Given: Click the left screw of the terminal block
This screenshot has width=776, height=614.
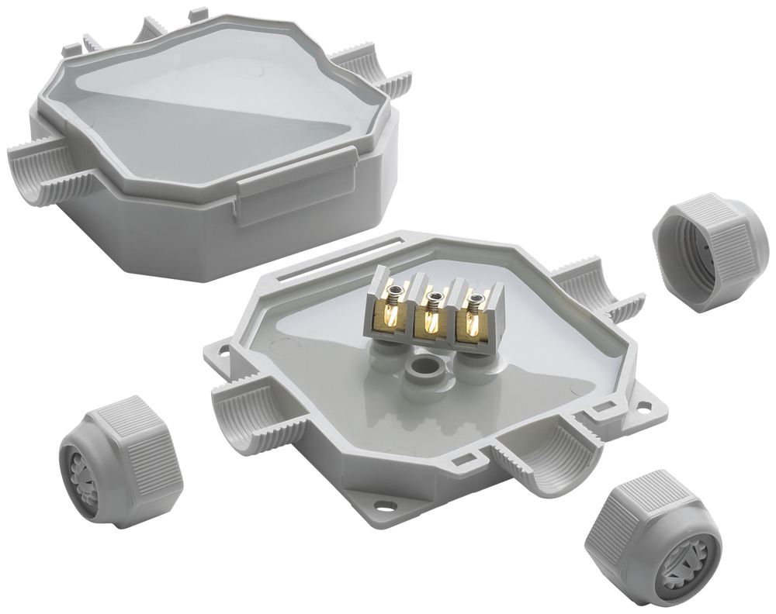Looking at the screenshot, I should pyautogui.click(x=395, y=291).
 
